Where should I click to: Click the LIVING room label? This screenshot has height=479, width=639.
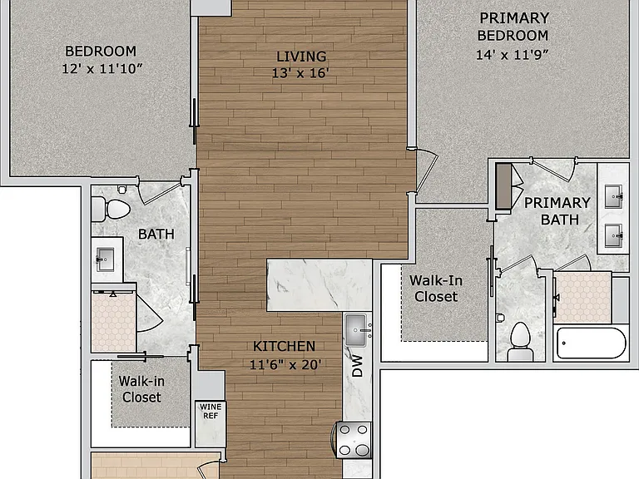[x=301, y=57]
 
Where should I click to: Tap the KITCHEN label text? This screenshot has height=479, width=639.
[x=284, y=346]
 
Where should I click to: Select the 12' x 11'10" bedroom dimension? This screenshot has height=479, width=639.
[x=102, y=68]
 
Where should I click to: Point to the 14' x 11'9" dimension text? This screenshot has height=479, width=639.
[x=513, y=55]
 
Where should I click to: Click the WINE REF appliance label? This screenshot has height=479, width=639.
[x=211, y=411]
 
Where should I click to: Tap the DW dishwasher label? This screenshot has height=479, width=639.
[x=357, y=366]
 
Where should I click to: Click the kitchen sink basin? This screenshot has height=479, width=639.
[x=356, y=329]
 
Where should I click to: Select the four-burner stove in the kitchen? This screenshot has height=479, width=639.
[x=354, y=439]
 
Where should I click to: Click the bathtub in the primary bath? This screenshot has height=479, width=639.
[x=592, y=343]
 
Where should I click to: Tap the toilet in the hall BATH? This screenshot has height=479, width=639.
[x=111, y=209]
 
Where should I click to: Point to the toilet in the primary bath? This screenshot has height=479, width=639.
[x=520, y=341]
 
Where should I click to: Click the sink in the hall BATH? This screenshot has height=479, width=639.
[x=105, y=259]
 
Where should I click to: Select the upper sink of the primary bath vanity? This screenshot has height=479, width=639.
[x=613, y=197]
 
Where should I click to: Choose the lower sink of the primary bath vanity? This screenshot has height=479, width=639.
[x=613, y=235]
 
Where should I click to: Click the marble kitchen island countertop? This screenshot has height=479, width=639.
[x=319, y=284]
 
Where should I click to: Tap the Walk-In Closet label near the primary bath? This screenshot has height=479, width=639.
[x=436, y=289]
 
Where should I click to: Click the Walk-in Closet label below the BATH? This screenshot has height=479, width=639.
[x=141, y=389]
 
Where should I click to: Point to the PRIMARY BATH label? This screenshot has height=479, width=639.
[x=557, y=211]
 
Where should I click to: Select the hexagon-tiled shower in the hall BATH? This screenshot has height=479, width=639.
[x=114, y=322]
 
